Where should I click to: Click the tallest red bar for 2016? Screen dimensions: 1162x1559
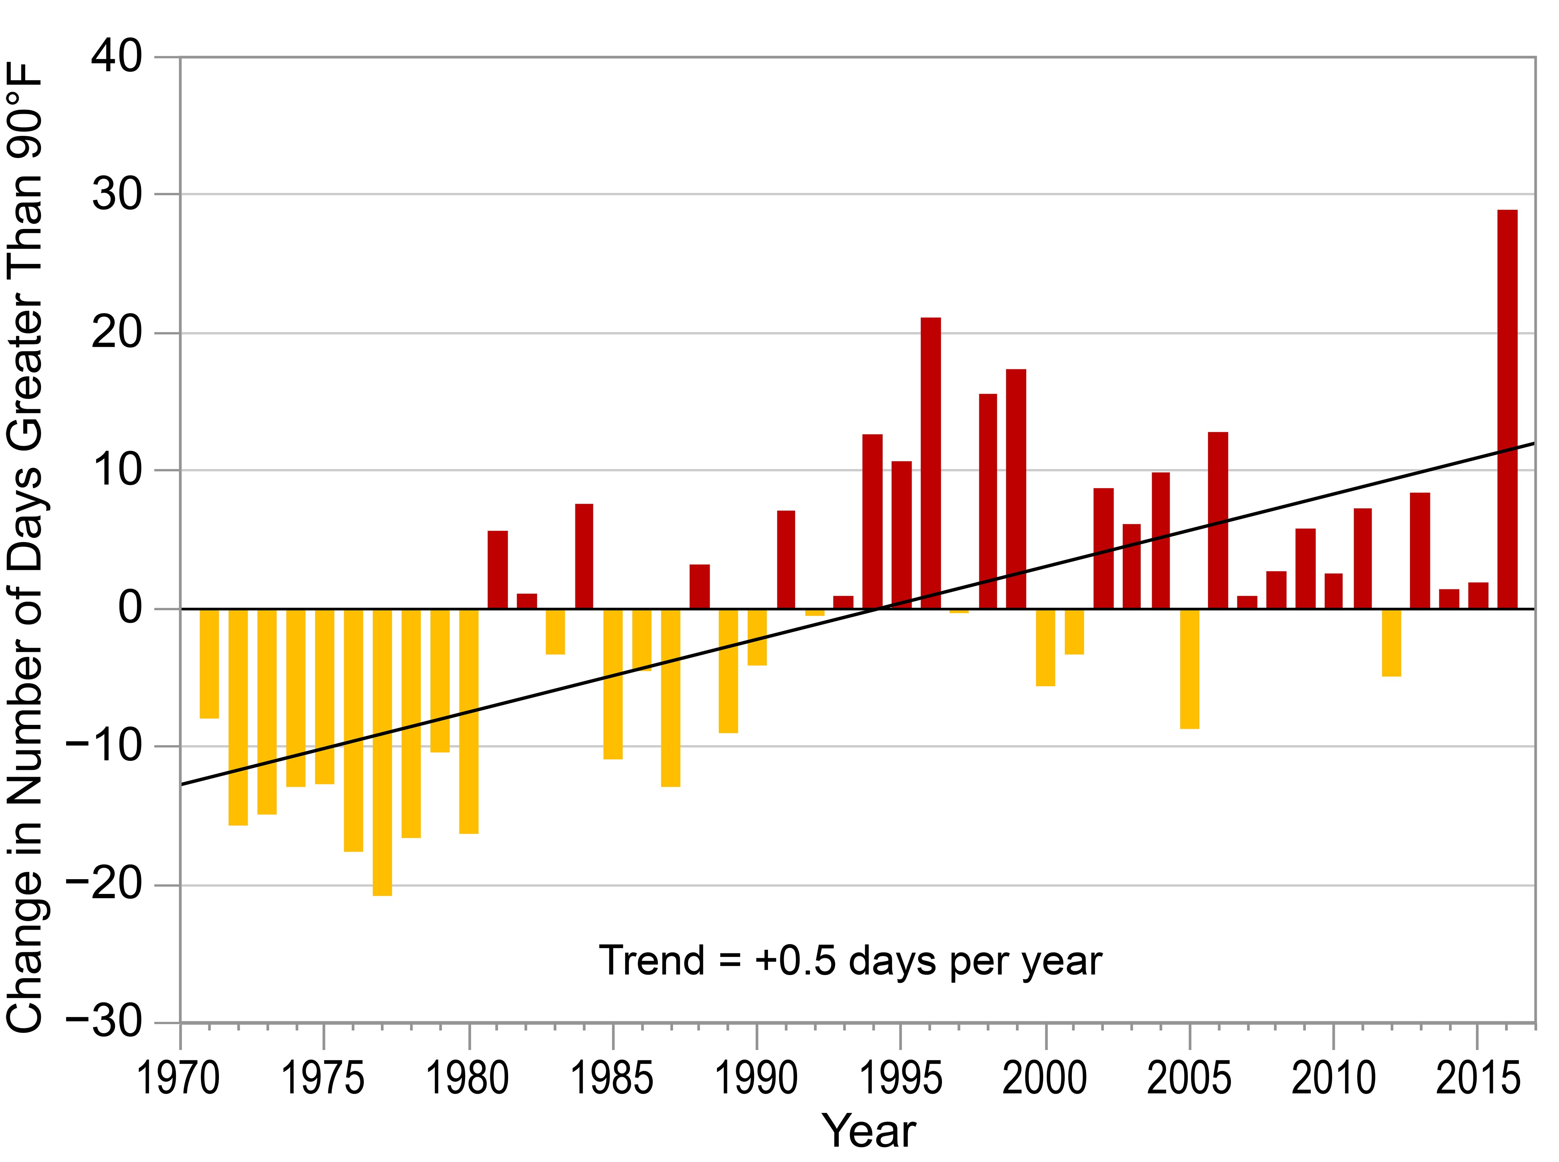[1507, 409]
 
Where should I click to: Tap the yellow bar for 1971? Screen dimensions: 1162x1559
[209, 663]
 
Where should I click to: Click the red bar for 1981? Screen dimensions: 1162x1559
[497, 569]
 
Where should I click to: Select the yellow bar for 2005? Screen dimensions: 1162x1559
[1189, 668]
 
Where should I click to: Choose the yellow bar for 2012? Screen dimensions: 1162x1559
[1391, 642]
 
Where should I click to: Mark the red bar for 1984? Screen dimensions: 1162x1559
[583, 555]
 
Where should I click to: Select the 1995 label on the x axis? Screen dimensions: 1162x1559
[901, 1078]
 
